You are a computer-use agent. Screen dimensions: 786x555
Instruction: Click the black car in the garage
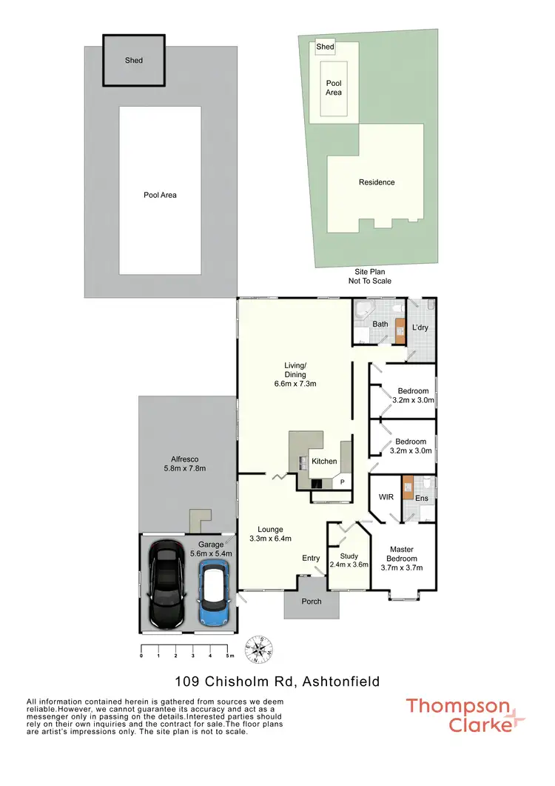point(166,583)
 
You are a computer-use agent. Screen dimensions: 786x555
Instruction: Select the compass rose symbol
point(260,648)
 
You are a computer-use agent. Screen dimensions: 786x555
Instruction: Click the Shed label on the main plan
point(133,60)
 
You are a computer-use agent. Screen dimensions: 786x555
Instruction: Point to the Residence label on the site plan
point(377,182)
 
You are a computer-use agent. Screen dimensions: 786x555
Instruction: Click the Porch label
point(312,601)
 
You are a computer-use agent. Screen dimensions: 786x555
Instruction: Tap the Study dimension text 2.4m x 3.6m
point(349,564)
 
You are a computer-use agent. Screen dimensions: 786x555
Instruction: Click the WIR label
point(386,497)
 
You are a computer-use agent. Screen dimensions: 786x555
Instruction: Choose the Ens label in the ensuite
point(422,498)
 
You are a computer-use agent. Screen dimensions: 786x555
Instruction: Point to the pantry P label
point(342,482)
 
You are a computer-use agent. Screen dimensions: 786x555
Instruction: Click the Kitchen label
point(324,461)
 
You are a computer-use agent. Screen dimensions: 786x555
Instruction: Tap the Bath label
point(380,324)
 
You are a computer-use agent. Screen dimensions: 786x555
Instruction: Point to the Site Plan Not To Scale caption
point(370,276)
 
